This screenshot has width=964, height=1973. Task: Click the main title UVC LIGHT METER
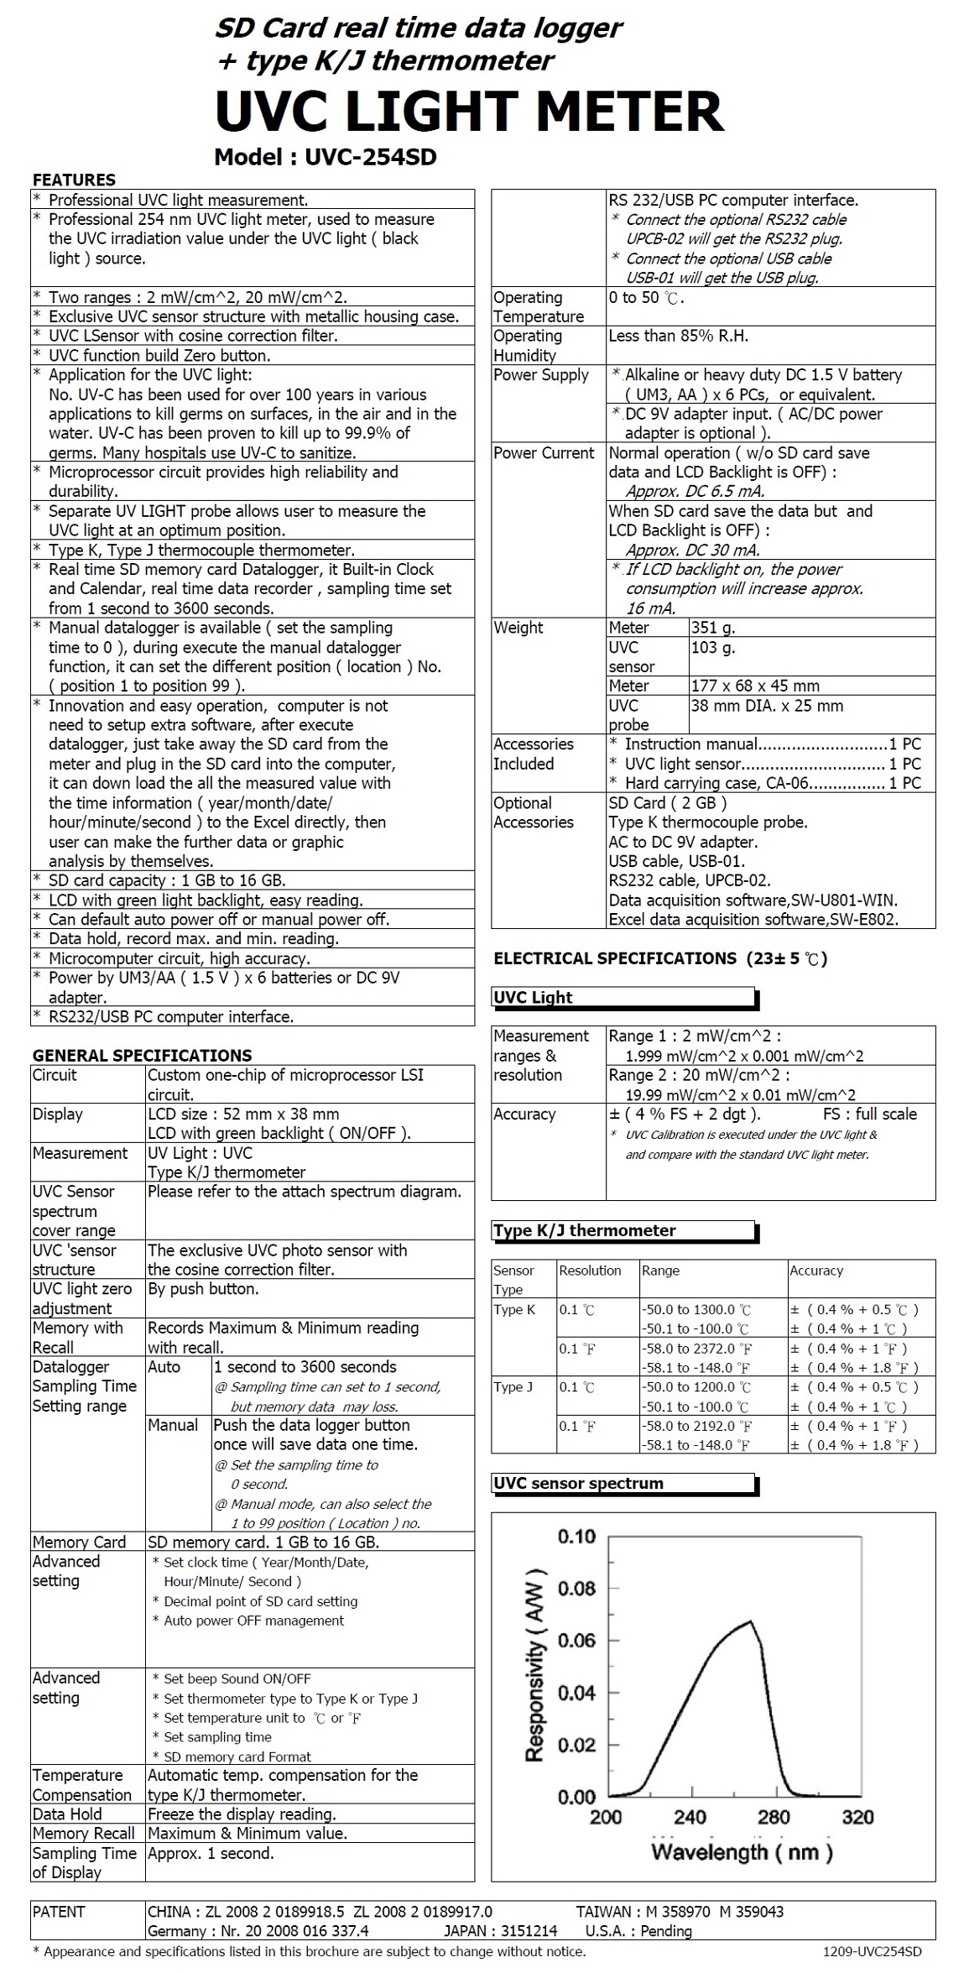469,112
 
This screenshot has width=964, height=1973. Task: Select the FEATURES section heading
74,180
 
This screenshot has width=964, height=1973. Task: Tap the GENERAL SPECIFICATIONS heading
142,1055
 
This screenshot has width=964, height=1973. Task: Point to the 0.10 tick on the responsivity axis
576,1537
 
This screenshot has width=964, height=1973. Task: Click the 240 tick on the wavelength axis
689,1817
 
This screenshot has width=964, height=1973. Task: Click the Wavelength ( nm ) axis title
742,1851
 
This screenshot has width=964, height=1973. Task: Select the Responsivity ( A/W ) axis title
535,1665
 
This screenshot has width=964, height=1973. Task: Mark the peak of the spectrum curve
749,1621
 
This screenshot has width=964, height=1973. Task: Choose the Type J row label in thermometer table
513,1387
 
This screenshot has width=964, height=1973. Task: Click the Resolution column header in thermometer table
590,1271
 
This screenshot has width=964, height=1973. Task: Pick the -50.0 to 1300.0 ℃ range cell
696,1309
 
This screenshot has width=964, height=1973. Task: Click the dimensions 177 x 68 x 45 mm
755,686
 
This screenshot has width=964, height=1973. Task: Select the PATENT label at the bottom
59,1912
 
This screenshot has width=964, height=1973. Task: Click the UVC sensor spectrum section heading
578,1483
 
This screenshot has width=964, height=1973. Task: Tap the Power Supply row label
541,375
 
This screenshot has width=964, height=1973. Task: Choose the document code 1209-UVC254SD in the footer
872,1952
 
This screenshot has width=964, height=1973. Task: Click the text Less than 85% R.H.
679,336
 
